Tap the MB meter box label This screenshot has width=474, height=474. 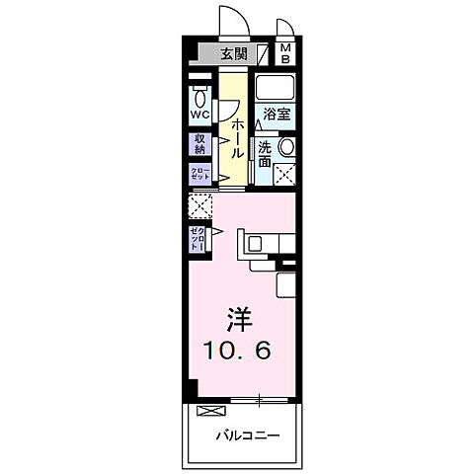(284, 53)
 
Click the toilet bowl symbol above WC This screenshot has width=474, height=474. (199, 98)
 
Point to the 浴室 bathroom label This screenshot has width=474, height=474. (276, 114)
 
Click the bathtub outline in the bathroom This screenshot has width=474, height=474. (276, 86)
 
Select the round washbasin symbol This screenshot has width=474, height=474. (286, 147)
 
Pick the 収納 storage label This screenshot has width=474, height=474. (199, 144)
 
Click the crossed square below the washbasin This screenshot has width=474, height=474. (284, 176)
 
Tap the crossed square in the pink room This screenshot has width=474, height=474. (200, 208)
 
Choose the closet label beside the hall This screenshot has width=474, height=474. (199, 174)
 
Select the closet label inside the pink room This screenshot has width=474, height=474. (199, 240)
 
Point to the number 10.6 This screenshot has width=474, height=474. (238, 349)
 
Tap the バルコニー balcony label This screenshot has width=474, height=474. (246, 434)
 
